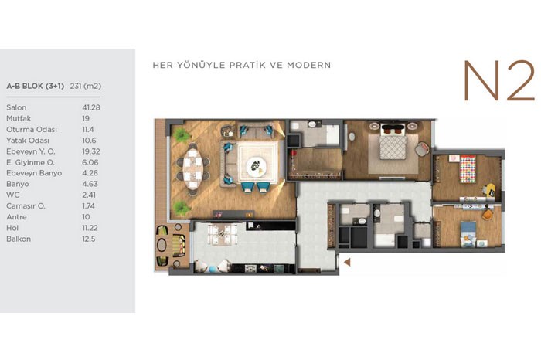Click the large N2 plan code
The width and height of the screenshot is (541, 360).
499,80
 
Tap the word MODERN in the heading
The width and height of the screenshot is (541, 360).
309,65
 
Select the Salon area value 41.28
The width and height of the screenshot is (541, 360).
91,107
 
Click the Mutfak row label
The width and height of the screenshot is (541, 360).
19,119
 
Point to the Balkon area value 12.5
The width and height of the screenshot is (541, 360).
89,239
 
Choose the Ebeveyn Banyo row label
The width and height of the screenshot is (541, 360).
34,173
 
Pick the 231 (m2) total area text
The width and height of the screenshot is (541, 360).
86,87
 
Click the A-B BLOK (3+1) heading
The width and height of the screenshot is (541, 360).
36,87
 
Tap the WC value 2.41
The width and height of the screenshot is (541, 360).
89,195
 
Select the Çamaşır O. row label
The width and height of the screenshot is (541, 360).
26,206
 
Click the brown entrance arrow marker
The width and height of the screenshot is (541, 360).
347,262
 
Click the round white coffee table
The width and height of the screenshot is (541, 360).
257,167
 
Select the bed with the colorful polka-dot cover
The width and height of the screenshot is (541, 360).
468,168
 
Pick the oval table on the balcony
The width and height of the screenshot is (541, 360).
162,245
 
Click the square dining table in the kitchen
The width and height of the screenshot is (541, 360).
220,234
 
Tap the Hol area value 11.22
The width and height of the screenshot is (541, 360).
90,228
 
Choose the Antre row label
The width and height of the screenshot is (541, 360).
16,217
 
